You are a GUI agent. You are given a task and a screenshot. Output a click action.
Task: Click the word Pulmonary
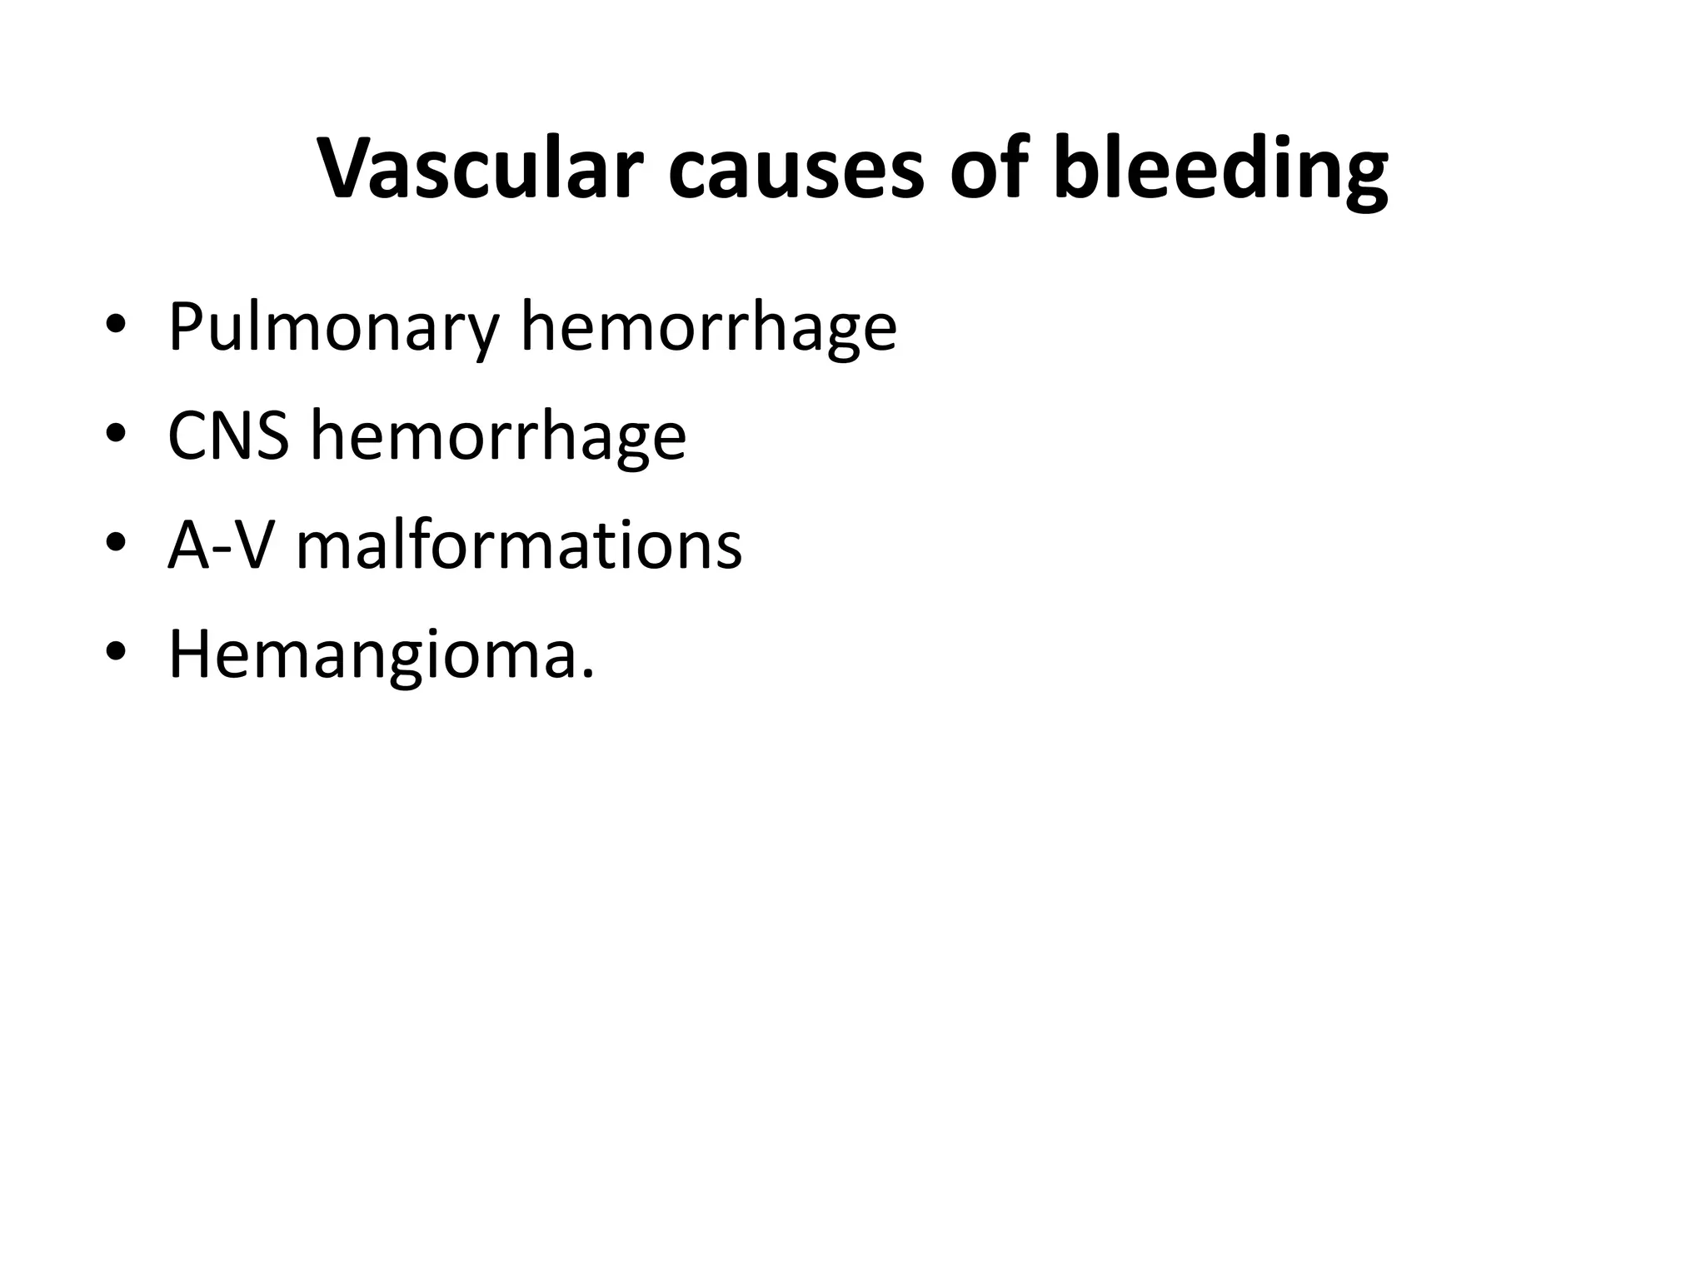point(333,328)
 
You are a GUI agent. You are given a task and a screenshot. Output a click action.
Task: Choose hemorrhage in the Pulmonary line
point(708,328)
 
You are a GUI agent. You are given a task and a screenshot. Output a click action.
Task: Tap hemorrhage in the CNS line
point(498,436)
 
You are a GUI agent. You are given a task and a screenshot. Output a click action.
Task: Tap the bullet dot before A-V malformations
point(115,542)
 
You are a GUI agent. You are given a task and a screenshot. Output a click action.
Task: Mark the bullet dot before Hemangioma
point(115,651)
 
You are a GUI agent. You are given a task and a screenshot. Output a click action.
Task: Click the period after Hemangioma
point(589,674)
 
